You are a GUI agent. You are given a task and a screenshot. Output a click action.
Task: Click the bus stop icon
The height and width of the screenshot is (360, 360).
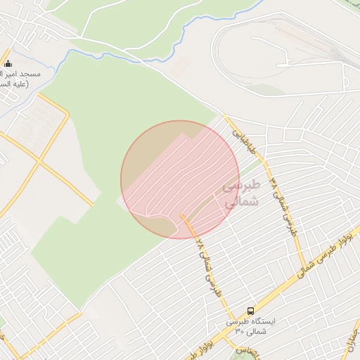[250, 311]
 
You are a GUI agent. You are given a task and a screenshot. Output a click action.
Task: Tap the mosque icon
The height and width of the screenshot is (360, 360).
[8, 64]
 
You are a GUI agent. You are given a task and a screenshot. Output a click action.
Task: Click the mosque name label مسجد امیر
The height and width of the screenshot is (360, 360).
[21, 74]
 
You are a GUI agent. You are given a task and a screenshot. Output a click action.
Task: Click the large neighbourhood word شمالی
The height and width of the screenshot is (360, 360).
[241, 202]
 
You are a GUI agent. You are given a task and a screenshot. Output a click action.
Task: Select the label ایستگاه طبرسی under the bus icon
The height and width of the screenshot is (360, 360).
[252, 321]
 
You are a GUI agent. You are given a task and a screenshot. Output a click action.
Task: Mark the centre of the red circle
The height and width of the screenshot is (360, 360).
[180, 180]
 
